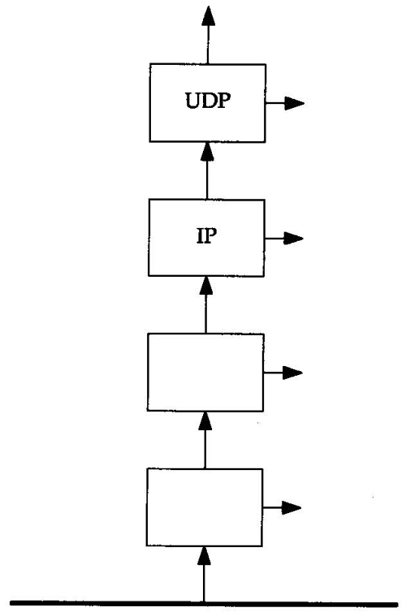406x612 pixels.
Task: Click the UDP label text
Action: (208, 101)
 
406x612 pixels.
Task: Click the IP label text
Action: (206, 235)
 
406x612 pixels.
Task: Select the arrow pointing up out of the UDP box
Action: (208, 35)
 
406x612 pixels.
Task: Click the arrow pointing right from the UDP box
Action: (284, 103)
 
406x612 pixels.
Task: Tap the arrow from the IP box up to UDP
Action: (207, 170)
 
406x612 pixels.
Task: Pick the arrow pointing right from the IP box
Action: (284, 238)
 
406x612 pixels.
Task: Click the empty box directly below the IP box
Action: (205, 373)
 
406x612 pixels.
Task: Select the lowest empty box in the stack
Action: (205, 507)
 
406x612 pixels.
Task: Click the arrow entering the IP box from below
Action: (206, 305)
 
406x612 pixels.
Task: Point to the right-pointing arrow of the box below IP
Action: (283, 373)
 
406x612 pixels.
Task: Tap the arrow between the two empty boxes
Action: (205, 440)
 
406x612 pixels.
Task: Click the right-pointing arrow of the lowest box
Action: (282, 508)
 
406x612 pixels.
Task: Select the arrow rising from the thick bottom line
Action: (204, 575)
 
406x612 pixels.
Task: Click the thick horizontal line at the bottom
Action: (204, 604)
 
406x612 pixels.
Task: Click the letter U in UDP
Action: (192, 101)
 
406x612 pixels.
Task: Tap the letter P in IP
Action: (210, 235)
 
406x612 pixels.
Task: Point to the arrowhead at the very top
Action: (209, 16)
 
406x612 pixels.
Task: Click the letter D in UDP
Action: (208, 101)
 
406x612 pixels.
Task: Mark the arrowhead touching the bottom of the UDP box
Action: (207, 152)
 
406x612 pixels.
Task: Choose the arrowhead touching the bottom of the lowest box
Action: (204, 556)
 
